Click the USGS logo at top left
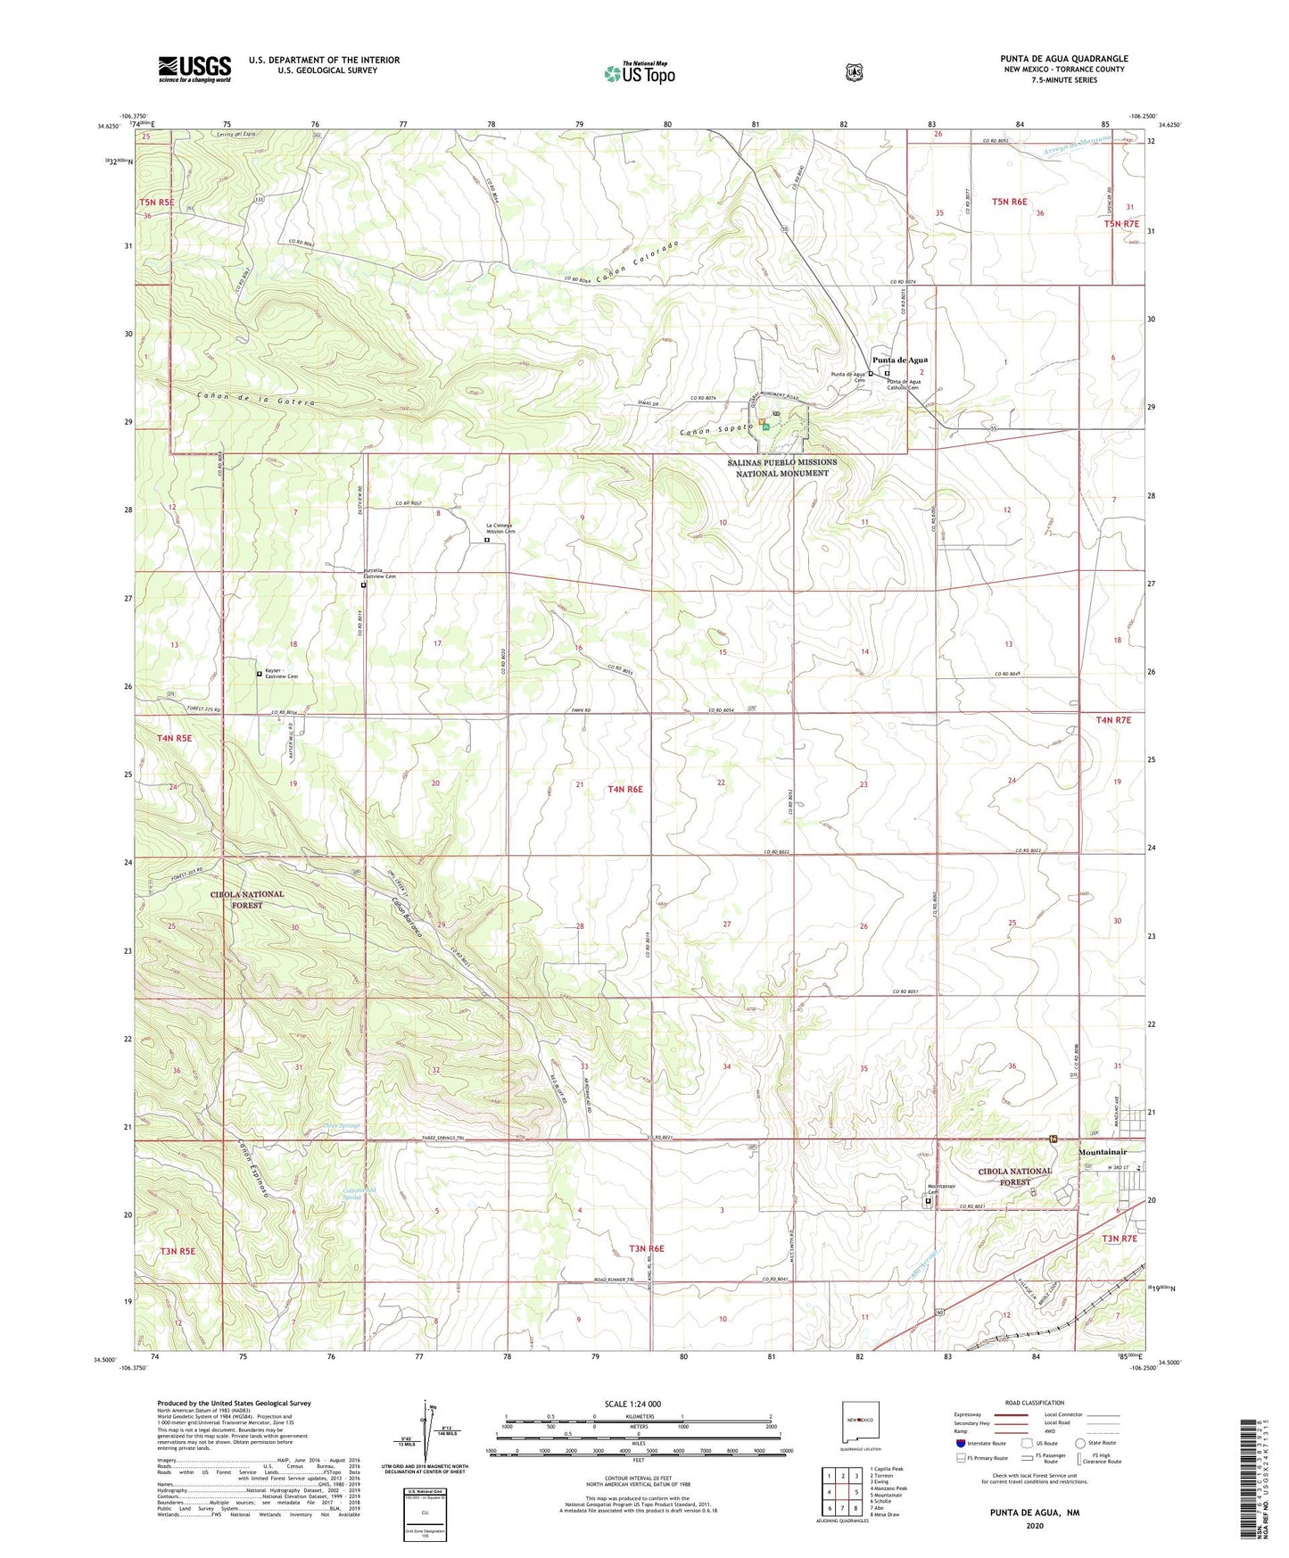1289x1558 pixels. click(x=194, y=69)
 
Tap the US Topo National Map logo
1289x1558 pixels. click(x=639, y=72)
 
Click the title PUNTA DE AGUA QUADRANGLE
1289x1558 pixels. click(x=1063, y=59)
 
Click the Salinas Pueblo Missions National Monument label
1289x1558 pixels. click(x=781, y=468)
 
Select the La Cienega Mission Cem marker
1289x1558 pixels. click(x=487, y=540)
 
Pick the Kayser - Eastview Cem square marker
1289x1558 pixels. click(x=260, y=674)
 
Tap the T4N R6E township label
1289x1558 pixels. click(x=625, y=789)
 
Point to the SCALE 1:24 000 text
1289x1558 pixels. click(x=632, y=1405)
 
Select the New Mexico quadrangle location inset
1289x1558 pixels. click(x=859, y=1418)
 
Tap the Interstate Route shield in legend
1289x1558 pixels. click(x=960, y=1443)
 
